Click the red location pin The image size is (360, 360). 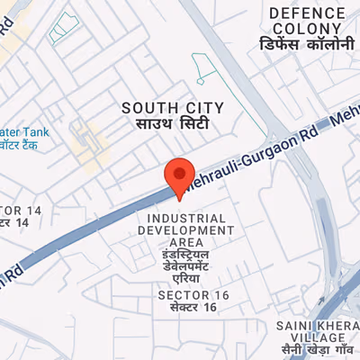pos(181,175)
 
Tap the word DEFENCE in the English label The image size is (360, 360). pos(308,13)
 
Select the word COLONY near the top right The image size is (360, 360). pos(308,29)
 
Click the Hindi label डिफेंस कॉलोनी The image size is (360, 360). pos(308,45)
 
